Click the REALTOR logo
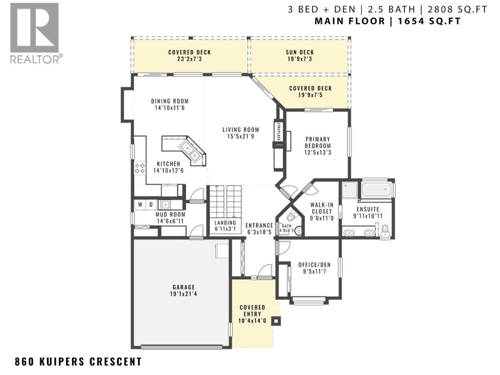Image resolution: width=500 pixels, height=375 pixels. tap(36, 33)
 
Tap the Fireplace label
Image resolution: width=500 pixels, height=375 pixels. tap(279, 132)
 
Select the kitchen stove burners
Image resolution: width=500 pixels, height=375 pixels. tap(139, 168)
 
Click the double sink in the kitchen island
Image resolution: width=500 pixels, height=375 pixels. tap(191, 152)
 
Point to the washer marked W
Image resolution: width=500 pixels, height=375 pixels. tap(140, 205)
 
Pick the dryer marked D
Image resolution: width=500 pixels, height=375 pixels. tap(151, 205)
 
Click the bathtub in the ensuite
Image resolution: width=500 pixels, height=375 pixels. tap(376, 189)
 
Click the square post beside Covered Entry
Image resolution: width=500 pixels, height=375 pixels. tap(276, 321)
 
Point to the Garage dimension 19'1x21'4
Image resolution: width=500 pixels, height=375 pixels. tap(183, 294)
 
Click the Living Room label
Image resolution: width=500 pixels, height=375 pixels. tap(241, 130)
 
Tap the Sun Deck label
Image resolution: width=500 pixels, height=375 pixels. tap(300, 52)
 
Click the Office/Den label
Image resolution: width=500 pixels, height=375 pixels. tap(314, 265)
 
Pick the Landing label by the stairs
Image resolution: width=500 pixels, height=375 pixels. tap(225, 223)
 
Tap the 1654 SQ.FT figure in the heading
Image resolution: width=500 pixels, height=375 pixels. tap(429, 21)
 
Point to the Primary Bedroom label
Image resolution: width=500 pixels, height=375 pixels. tap(318, 142)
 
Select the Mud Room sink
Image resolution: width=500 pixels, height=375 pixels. tap(165, 205)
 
